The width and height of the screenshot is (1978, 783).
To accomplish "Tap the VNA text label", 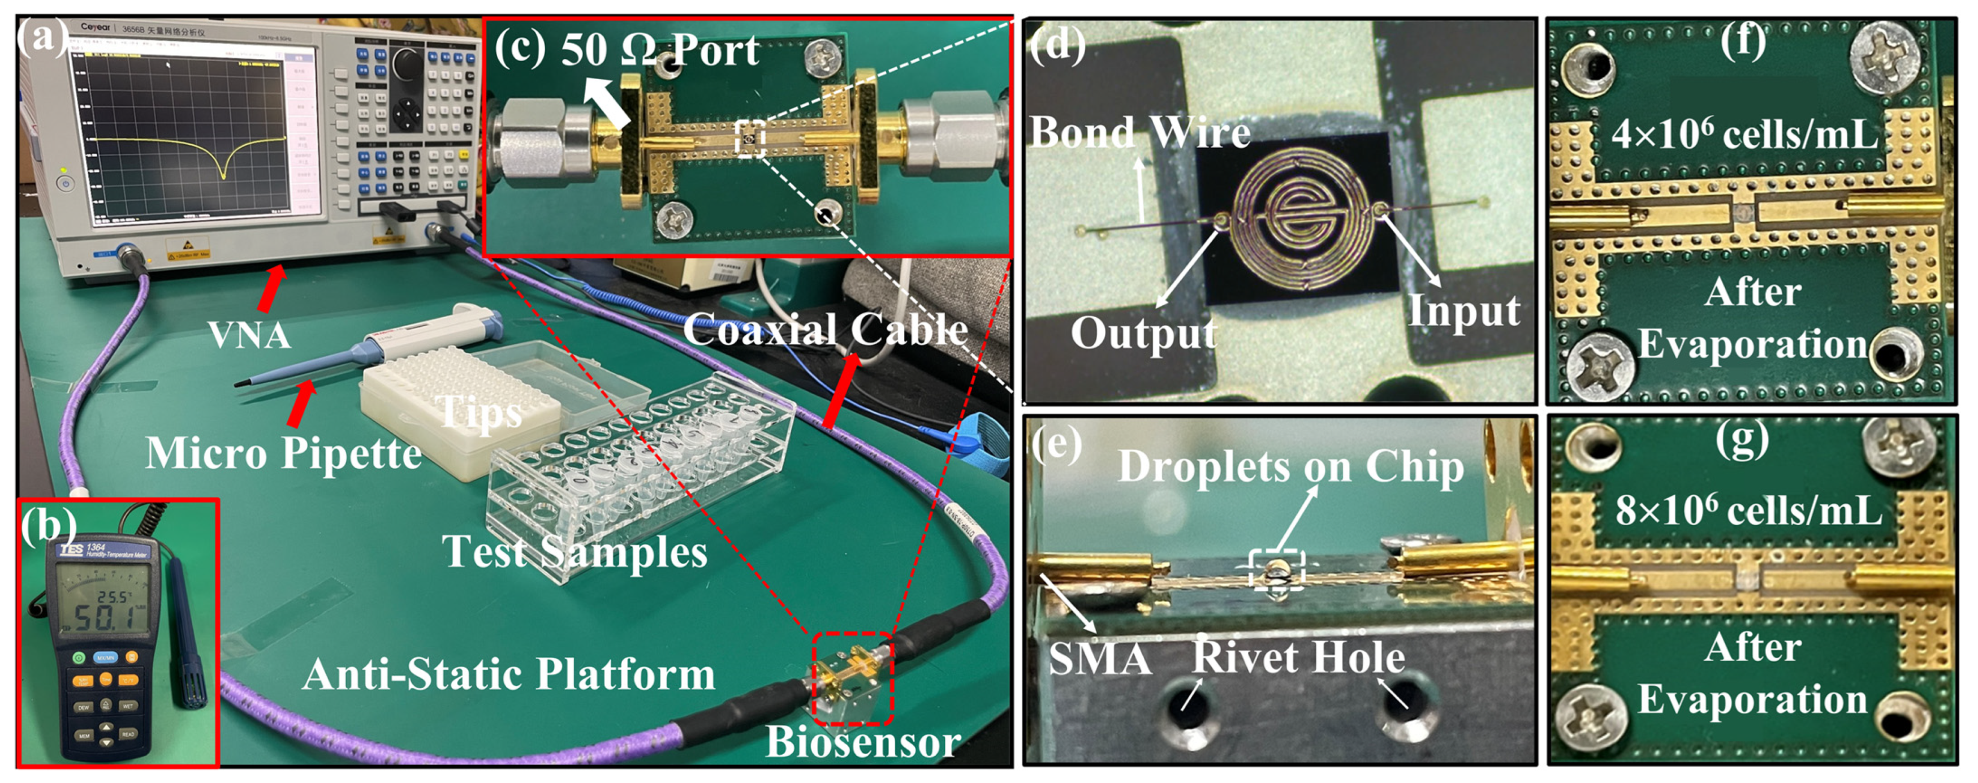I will [249, 335].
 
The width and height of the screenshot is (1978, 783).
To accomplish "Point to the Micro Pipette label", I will [283, 453].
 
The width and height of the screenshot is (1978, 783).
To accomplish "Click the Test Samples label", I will [575, 552].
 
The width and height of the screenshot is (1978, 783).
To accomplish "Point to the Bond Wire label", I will [1141, 132].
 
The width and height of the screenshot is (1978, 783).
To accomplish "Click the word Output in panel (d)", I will [1143, 333].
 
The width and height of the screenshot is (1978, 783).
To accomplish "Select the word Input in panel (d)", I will [1463, 311].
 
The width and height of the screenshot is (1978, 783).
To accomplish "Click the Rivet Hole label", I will [1298, 657].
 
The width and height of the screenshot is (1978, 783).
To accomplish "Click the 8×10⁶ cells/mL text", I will [1748, 511].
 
